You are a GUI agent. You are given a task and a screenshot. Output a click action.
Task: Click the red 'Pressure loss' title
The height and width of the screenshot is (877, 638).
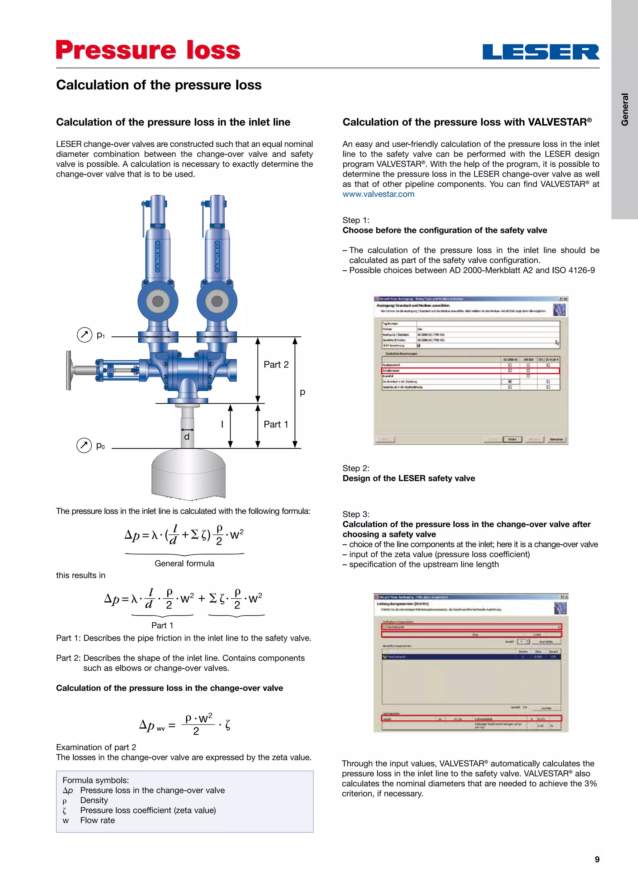[x=148, y=50]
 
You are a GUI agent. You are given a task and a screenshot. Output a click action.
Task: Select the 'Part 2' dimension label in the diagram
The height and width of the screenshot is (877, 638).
[x=276, y=365]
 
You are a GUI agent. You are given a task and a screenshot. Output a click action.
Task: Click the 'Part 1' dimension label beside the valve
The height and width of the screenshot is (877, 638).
[x=276, y=424]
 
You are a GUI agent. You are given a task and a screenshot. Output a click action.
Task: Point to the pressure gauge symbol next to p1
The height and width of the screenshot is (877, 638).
[x=84, y=334]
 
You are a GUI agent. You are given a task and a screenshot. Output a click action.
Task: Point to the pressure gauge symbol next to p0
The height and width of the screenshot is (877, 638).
[x=84, y=445]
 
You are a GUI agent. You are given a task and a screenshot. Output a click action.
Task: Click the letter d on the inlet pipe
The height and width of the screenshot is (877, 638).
[x=187, y=437]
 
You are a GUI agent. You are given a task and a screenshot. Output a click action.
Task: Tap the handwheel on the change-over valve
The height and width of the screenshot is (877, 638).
[x=69, y=370]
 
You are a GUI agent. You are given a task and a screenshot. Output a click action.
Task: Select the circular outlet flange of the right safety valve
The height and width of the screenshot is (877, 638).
[x=217, y=301]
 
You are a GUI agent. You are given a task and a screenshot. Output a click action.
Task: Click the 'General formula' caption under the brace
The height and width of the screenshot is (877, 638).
[x=184, y=563]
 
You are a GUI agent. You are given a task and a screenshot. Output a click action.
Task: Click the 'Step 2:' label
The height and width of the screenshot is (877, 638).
[x=355, y=468]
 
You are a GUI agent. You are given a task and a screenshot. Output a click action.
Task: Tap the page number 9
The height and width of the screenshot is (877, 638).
[x=597, y=860]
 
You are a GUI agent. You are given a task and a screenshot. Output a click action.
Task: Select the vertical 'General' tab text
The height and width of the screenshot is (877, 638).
[x=625, y=109]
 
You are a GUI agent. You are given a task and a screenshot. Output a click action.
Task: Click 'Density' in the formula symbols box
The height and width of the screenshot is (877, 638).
[x=94, y=800]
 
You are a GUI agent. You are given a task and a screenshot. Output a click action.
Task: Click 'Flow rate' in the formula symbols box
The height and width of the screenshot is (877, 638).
[x=98, y=820]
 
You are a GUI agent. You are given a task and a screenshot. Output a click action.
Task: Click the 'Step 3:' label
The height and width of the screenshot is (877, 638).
[x=355, y=514]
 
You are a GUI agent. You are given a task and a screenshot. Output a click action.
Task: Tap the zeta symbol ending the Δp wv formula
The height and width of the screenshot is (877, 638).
[x=228, y=725]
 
